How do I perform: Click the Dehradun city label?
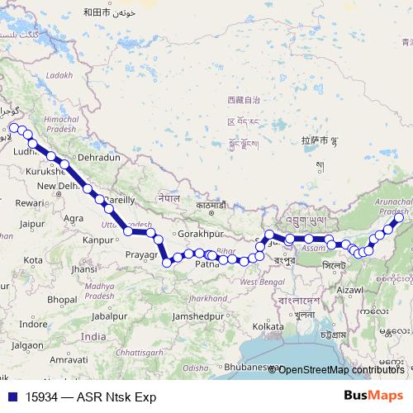point(98,157)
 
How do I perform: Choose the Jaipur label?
point(32,224)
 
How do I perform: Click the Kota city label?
point(33,260)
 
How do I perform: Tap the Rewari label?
point(30,202)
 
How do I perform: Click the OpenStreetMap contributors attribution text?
point(339,369)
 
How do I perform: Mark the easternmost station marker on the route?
point(398,220)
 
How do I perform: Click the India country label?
point(93,336)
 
